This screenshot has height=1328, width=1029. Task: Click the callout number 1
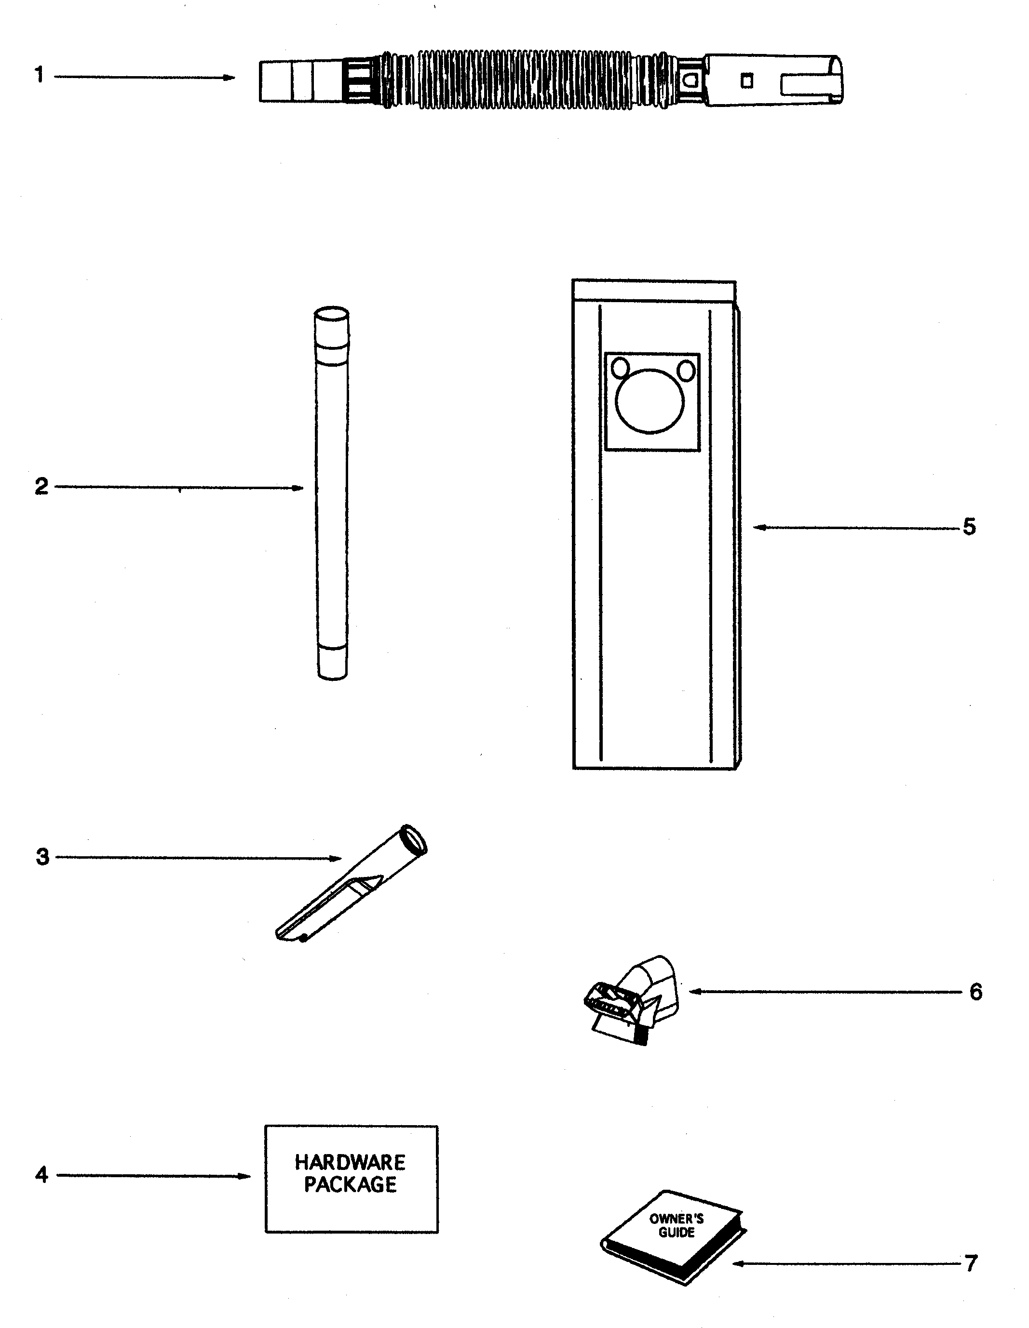coord(40,75)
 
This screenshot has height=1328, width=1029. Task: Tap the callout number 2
coord(41,487)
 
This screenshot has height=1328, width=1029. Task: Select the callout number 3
coord(42,857)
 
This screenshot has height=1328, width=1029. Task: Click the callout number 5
coord(969,527)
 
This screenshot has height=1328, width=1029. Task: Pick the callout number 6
coord(976,992)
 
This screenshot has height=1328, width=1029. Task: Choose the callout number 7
coord(971,1263)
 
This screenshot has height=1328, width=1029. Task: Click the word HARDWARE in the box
coord(350,1163)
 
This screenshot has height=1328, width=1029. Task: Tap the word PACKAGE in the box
coord(351,1184)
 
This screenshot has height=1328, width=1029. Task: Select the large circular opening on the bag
coord(650,401)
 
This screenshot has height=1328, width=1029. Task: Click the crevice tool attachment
coord(352,883)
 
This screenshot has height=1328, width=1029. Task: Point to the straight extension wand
coord(332,492)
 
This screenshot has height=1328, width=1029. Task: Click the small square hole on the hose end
coord(746,81)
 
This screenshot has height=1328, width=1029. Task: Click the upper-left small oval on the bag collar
coord(620,368)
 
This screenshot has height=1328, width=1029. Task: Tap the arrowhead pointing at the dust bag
coord(760,527)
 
